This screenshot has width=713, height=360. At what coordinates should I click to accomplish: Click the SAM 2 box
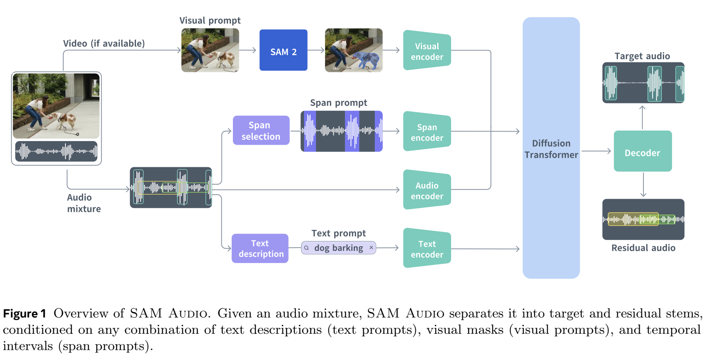point(283,50)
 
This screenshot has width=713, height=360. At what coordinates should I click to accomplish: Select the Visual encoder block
point(427,50)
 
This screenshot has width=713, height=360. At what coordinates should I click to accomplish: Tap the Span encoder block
point(427,132)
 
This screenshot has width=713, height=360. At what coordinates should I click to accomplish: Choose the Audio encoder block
point(427,190)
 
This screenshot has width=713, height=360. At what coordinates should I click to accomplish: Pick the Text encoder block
point(427,248)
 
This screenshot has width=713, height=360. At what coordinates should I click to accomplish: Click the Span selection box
point(261,130)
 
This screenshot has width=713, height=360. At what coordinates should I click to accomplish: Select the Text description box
point(260,248)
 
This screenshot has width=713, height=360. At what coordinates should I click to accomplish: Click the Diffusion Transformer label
point(551,149)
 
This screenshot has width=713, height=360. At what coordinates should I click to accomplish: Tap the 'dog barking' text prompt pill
point(338,248)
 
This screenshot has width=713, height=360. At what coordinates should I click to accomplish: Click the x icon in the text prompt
point(371,248)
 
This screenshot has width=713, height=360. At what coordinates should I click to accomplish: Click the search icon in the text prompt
point(306,248)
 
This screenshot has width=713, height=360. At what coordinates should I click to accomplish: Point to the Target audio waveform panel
point(643,83)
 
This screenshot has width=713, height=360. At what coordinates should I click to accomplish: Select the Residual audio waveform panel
point(643,219)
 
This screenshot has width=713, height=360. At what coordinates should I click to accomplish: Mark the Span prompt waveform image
point(341,131)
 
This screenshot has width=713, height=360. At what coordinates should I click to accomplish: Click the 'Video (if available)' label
point(104,43)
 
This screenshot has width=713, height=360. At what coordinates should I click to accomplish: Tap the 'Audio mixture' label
point(83,203)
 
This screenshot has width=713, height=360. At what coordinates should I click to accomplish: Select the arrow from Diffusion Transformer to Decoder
point(596,151)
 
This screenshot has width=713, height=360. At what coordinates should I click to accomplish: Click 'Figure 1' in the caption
point(25,314)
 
